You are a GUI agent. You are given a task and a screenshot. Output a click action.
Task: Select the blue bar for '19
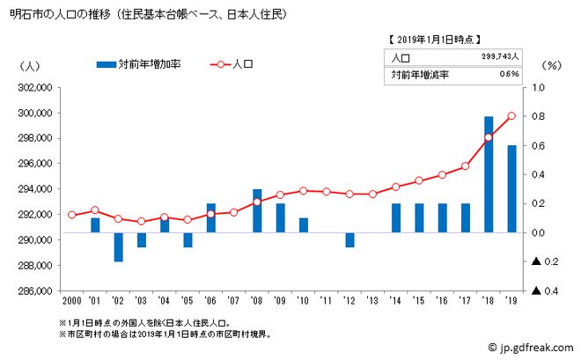point(511,188)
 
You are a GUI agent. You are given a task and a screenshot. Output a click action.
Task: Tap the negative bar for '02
point(118,247)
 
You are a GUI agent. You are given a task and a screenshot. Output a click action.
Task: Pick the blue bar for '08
point(257,211)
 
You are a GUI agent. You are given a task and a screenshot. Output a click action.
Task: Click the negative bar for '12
point(349,240)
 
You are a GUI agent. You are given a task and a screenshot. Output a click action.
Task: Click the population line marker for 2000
point(72,215)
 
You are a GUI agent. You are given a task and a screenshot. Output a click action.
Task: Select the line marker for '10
point(304,190)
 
